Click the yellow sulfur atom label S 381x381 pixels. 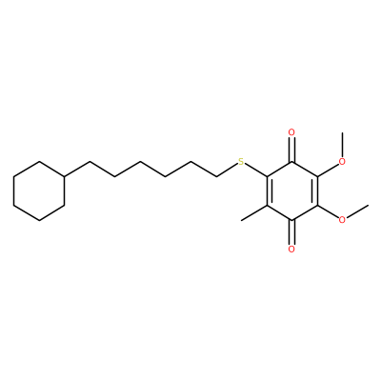click(241, 162)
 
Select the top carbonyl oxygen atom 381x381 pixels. click(291, 132)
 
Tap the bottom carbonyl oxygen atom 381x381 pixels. click(291, 249)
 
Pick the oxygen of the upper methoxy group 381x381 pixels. click(342, 162)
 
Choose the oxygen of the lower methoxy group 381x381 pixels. click(342, 220)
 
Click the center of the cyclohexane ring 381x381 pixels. click(39, 190)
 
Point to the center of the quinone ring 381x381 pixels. click(292, 190)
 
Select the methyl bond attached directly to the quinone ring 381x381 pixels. click(254, 212)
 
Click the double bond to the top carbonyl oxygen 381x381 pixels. click(292, 150)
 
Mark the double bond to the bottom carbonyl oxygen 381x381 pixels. click(292, 232)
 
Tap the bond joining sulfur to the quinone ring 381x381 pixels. click(256, 170)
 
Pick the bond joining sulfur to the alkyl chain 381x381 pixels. click(228, 170)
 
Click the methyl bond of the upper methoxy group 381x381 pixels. click(342, 145)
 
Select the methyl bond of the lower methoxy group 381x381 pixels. click(357, 211)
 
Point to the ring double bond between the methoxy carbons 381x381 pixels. click(315, 190)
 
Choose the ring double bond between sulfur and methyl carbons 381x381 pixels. click(269, 190)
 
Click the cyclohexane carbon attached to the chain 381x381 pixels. click(65, 176)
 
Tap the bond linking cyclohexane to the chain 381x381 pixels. click(77, 169)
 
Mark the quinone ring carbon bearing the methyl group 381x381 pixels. click(268, 206)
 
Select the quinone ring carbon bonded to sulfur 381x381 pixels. click(268, 176)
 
